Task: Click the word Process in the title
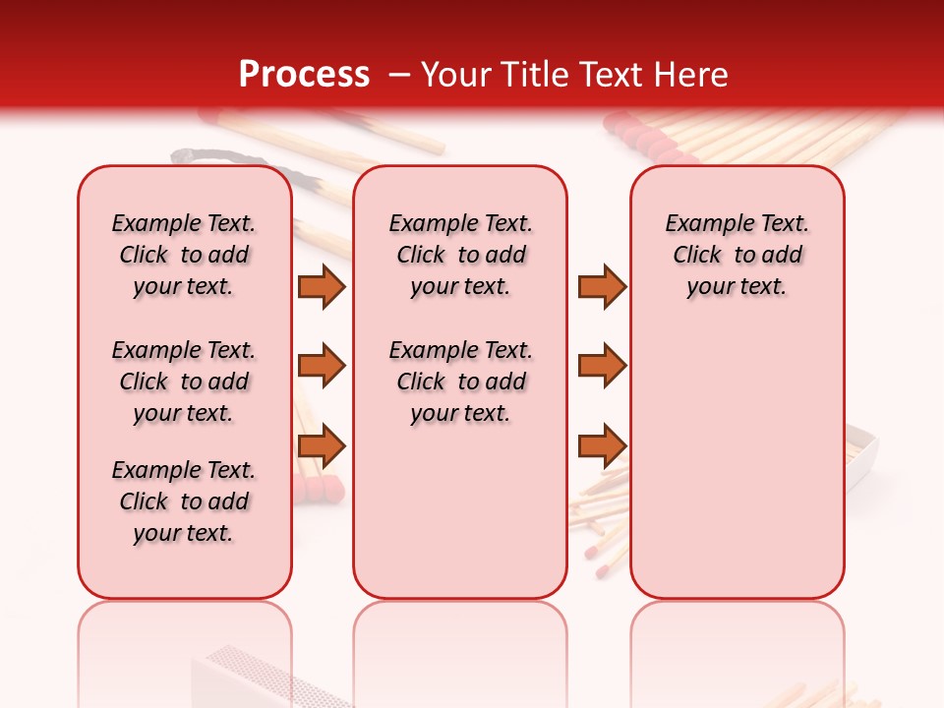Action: point(303,75)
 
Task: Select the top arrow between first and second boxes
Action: point(322,287)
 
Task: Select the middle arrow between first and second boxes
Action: point(322,366)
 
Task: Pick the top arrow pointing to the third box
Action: point(601,287)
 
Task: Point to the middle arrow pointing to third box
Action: point(601,366)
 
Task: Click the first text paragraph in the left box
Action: point(184,255)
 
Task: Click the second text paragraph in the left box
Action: point(184,382)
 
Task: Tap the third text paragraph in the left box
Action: point(184,501)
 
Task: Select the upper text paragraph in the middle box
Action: point(460,255)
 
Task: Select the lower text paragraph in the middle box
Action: point(460,382)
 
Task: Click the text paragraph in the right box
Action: point(737,255)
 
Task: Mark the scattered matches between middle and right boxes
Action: point(600,521)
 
